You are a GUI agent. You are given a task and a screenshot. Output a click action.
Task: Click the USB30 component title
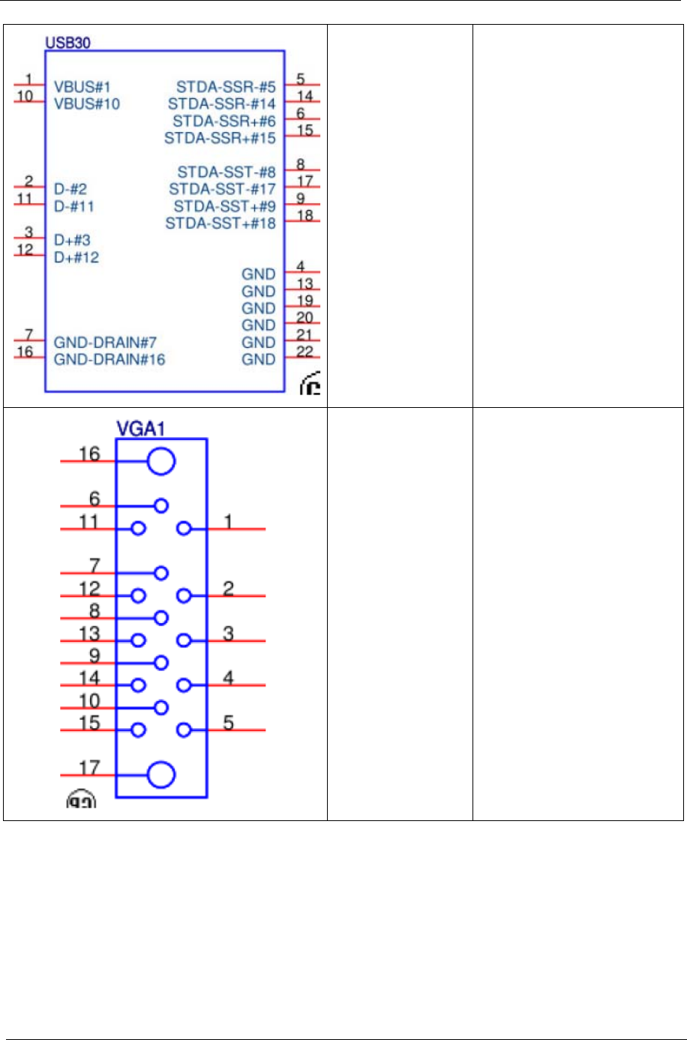pos(67,43)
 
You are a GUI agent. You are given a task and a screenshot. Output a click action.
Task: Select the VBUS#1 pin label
pos(82,87)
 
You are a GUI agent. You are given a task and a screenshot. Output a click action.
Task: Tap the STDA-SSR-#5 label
pos(226,87)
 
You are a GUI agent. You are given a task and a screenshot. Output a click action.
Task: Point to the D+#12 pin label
pos(76,257)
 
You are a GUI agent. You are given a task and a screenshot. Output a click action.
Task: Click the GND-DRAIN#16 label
pos(109,359)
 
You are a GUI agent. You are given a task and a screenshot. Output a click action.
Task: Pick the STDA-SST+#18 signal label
pos(220,223)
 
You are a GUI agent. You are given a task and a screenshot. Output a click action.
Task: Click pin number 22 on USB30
pos(304,352)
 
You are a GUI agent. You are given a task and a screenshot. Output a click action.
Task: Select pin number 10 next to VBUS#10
pos(25,96)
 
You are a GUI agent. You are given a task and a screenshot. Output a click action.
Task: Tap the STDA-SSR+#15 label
pos(220,138)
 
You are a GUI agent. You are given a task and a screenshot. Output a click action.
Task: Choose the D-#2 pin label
pos(70,189)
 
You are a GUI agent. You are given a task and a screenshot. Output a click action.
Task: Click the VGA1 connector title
pos(141,429)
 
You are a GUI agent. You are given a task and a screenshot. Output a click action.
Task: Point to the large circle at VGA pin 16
pos(161,462)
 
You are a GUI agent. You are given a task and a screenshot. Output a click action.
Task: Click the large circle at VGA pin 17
pos(161,775)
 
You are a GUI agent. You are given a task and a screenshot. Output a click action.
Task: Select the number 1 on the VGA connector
pos(229,521)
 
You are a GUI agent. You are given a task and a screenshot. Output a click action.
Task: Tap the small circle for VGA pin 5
pos(184,730)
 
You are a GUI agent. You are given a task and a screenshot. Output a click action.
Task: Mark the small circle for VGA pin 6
pos(161,506)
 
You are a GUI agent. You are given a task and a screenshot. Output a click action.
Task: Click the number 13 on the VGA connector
pos(90,633)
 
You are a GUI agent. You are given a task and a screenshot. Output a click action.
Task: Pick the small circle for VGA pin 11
pos(138,529)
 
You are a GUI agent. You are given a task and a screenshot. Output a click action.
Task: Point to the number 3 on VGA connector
pos(229,633)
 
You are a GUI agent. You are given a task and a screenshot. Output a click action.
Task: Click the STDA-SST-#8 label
pos(226,172)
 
